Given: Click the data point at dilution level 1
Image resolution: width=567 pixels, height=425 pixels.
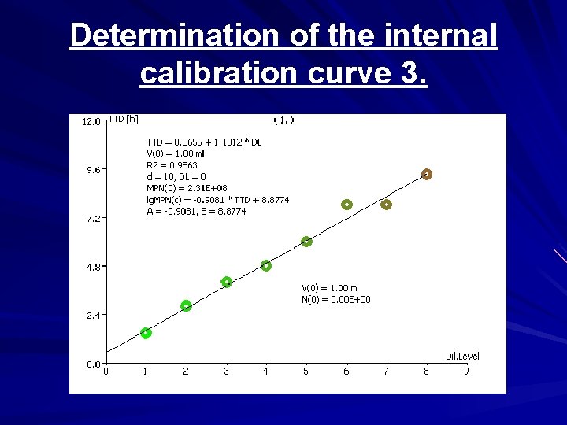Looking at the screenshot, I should [x=146, y=334].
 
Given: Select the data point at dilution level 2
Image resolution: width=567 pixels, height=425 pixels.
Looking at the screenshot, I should [x=186, y=305].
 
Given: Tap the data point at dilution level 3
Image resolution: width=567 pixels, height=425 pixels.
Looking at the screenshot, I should [x=227, y=282].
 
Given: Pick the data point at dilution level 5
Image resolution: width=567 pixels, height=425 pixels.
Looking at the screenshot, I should [x=306, y=242].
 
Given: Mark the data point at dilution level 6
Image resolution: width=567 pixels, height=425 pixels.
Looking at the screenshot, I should [x=346, y=205].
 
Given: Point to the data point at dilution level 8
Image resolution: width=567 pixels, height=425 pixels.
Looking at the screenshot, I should [x=427, y=174].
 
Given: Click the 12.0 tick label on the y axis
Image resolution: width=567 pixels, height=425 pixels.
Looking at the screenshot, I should [x=91, y=121].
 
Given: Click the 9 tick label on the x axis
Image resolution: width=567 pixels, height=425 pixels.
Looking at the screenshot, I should [x=466, y=371].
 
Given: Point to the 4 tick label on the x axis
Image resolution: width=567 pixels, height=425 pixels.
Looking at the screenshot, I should [x=266, y=371].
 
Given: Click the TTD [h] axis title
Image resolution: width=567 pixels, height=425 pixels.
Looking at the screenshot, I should [x=123, y=120].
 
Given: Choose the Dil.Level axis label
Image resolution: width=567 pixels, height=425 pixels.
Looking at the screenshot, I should [x=462, y=357].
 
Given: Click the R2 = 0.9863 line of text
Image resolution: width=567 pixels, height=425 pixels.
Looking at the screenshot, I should [x=172, y=165].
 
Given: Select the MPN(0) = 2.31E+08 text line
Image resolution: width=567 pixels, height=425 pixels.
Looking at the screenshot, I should [x=187, y=189].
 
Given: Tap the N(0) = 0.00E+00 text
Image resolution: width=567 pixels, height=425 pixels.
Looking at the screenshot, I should [x=336, y=300].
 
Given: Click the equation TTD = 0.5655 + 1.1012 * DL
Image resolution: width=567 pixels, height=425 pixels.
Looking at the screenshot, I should [x=204, y=142].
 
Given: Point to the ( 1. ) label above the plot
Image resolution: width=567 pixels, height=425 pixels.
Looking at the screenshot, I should [x=283, y=120].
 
